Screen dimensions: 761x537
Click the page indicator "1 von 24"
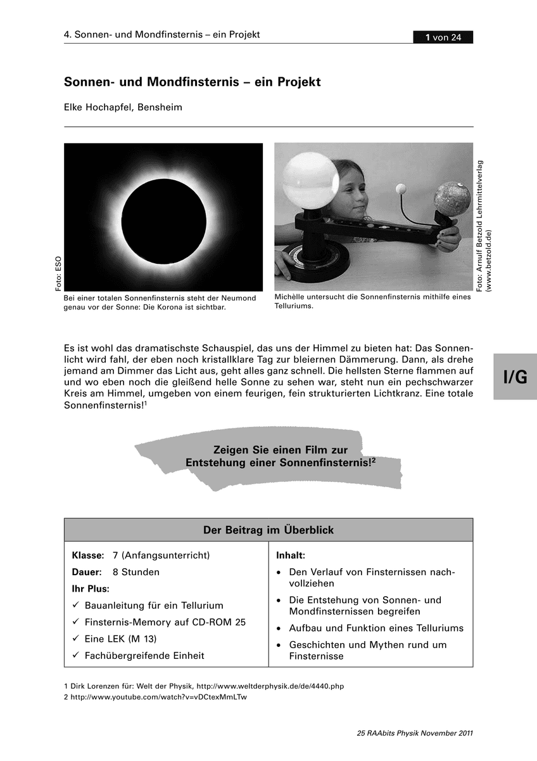coord(443,37)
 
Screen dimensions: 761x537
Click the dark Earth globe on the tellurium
coord(452,198)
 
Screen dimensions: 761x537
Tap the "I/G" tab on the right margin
coord(515,377)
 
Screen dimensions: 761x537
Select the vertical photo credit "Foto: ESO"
coord(58,273)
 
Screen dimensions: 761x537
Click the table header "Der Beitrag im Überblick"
coord(268,530)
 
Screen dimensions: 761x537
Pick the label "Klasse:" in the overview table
coord(88,556)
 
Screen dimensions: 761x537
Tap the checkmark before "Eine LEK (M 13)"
coord(76,639)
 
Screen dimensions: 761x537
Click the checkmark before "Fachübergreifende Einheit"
coord(76,656)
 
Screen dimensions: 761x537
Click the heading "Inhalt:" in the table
coord(291,556)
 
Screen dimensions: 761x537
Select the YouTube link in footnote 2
coord(158,697)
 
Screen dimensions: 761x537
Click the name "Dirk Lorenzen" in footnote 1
coord(96,686)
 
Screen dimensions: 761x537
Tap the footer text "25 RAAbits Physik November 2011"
coord(415,734)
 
